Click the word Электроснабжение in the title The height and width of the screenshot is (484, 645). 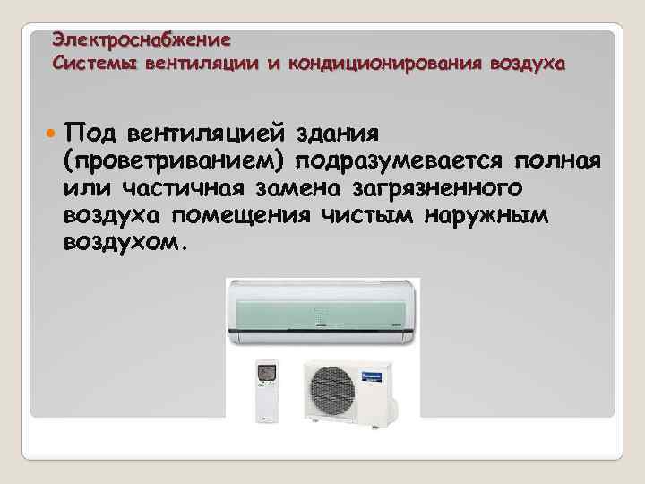(x=142, y=40)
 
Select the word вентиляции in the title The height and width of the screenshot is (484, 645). (x=199, y=64)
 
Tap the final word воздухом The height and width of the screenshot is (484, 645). (x=123, y=244)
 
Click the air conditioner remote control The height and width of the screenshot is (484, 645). (x=266, y=392)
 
